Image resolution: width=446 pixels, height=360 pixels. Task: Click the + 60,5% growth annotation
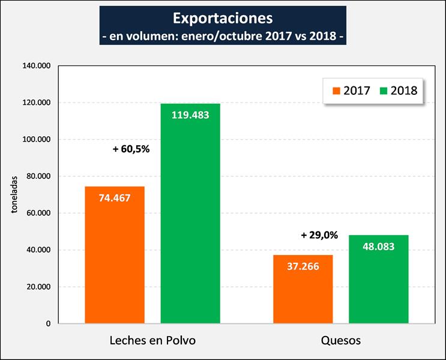pos(131,149)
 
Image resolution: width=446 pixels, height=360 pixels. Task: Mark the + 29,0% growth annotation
pos(319,236)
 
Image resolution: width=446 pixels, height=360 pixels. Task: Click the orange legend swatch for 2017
pos(336,91)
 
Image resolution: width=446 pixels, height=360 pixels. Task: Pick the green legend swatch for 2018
pos(383,91)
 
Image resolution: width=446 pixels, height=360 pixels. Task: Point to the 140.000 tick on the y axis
pos(38,66)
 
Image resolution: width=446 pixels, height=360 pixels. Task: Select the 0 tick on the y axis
pos(48,324)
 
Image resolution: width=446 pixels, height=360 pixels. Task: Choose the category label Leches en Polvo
pos(152,340)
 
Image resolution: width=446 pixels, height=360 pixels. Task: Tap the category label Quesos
pos(340,340)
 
